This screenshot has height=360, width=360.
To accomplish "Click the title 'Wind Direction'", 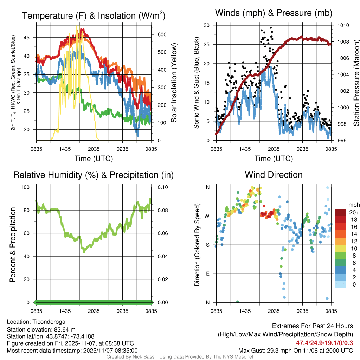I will pos(274,175).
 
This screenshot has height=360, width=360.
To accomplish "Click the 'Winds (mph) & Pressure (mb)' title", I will pos(274,13).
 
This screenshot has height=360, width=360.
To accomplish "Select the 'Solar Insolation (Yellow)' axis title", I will pos(174,83).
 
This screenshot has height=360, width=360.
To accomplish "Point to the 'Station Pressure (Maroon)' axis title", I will pos(356,83).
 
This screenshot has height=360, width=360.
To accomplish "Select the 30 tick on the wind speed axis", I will pos(207,25).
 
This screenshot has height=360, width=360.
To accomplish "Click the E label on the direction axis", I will pos(207,274).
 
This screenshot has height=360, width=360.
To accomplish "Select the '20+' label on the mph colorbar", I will pos(354,212).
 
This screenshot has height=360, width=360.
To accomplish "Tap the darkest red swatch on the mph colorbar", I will pos(340,212).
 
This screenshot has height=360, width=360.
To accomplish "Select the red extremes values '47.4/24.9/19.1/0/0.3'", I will pos(324,343).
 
